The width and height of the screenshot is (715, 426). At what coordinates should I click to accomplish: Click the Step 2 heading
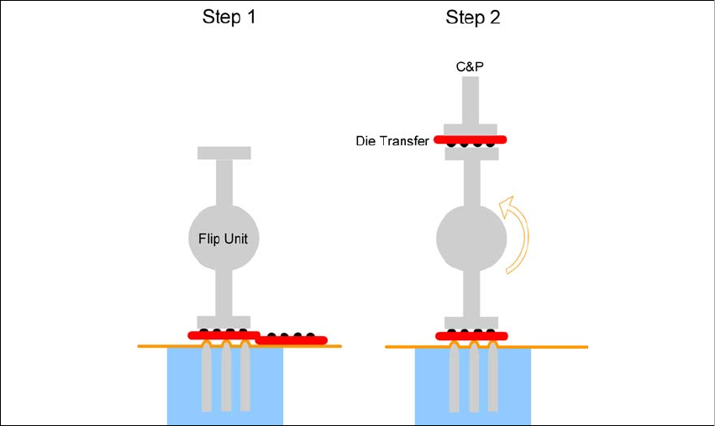click(471, 18)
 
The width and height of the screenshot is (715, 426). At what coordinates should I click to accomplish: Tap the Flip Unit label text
click(223, 239)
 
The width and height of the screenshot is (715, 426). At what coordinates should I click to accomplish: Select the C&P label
click(471, 66)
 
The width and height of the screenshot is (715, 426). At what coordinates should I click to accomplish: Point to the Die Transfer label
click(392, 140)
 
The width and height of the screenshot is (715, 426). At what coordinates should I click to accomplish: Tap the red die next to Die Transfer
click(471, 139)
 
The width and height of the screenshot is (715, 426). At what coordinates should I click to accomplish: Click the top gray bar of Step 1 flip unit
click(223, 153)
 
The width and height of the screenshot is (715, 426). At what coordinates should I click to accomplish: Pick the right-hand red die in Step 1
click(292, 340)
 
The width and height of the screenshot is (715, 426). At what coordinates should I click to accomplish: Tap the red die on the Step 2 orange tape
click(471, 336)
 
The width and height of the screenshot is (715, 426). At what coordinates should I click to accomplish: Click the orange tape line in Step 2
click(555, 347)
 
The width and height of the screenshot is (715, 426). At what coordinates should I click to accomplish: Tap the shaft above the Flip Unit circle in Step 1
click(223, 181)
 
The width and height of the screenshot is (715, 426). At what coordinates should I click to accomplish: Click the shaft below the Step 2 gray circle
click(471, 294)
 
